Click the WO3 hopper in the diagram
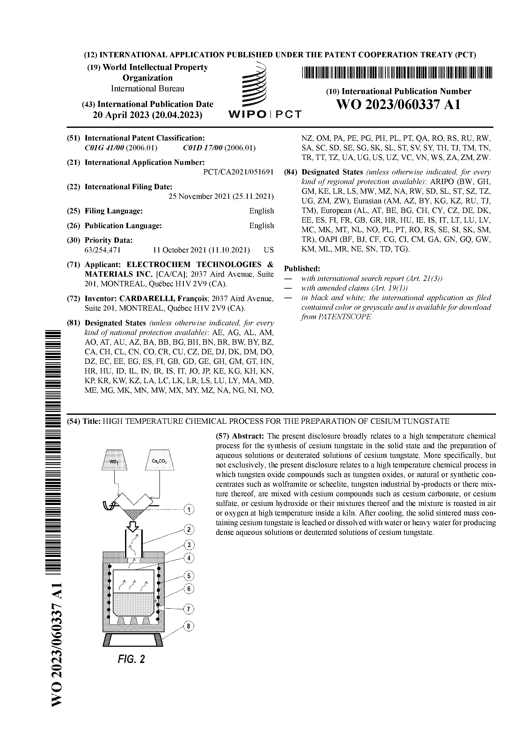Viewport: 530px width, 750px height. (114, 460)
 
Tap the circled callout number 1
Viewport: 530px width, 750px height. (189, 509)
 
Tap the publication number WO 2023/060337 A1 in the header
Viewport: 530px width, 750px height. (398, 105)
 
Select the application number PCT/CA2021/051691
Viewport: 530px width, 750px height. (238, 172)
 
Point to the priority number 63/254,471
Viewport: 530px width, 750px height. (103, 250)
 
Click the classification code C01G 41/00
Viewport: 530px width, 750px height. (104, 148)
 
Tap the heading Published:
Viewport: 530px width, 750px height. (302, 269)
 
